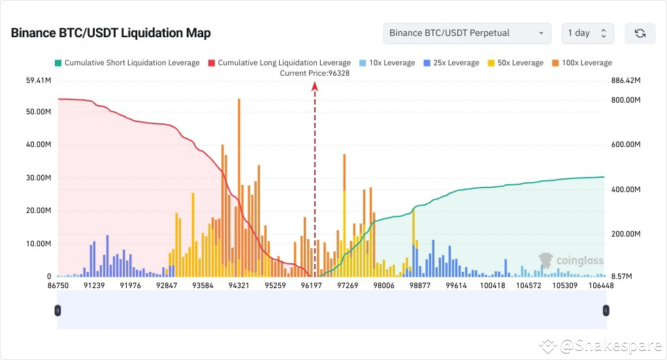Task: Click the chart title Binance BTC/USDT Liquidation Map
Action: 110,33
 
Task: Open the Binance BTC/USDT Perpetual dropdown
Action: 467,33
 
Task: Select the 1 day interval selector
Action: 587,33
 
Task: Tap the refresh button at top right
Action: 640,33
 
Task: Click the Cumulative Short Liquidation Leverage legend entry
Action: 127,63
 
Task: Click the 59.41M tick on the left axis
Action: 39,81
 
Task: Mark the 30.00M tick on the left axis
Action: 39,178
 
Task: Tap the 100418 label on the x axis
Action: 492,286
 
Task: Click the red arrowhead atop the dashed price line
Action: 315,85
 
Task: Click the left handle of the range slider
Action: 57,310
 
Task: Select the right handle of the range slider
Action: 606,310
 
